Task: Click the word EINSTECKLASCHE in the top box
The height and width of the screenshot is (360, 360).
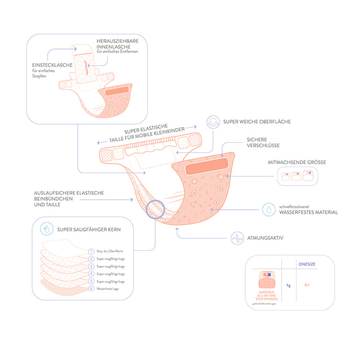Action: (x=52, y=65)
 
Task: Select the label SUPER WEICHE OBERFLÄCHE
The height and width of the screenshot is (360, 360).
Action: (x=256, y=121)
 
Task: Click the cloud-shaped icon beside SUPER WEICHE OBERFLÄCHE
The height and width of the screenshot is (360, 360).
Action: (x=213, y=122)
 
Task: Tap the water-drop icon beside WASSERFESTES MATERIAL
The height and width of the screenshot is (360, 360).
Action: (x=270, y=209)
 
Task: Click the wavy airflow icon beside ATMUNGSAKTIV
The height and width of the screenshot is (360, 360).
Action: (x=238, y=237)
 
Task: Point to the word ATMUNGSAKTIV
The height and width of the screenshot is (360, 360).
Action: (x=265, y=238)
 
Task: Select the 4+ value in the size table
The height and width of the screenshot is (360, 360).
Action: (x=307, y=285)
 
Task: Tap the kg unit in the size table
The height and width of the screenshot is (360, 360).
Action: (x=289, y=285)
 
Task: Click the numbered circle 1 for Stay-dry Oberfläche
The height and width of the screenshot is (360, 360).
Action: (x=91, y=251)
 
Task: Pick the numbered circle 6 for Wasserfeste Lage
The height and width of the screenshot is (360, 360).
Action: (x=91, y=289)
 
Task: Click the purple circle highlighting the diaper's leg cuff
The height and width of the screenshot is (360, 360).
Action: (x=155, y=209)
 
